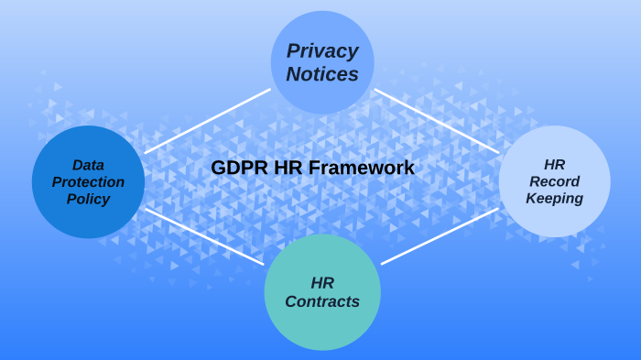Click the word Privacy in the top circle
322,51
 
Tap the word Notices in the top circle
322,74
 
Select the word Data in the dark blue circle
88,165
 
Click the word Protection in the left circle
88,181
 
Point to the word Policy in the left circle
88,199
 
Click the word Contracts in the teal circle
322,301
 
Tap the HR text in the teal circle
322,282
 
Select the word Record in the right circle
554,181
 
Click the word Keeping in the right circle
554,199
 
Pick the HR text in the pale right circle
554,165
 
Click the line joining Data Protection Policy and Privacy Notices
207,121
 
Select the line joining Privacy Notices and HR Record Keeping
436,121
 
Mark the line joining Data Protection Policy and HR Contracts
203,236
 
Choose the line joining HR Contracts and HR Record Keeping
440,236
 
